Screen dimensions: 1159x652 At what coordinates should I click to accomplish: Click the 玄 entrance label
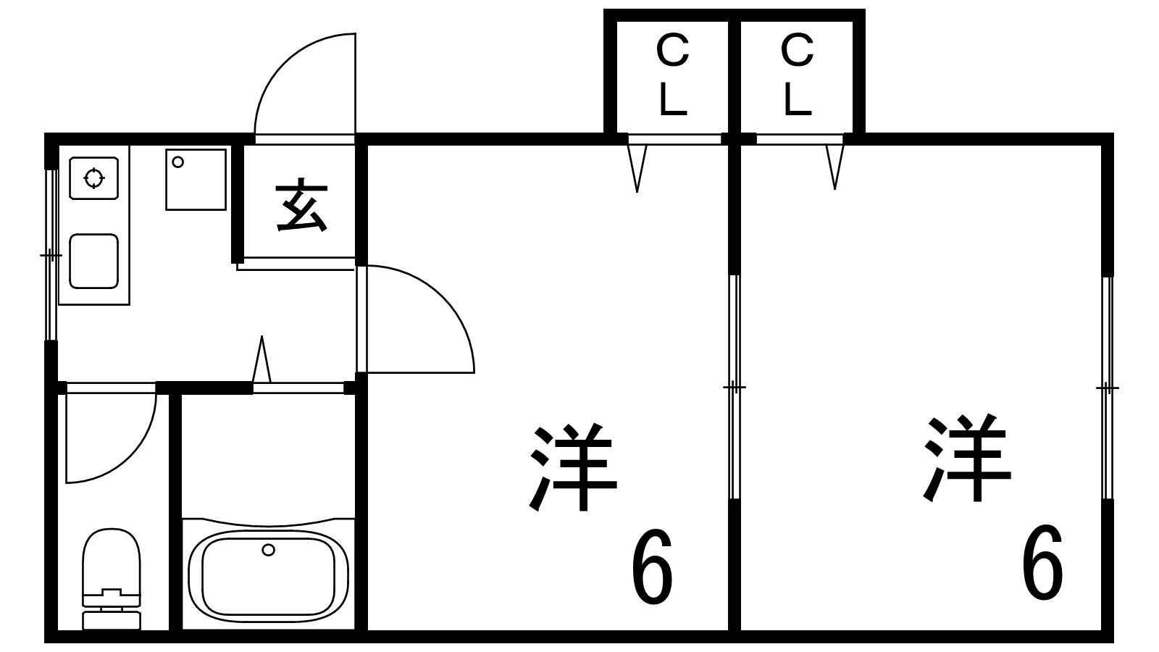click(x=302, y=206)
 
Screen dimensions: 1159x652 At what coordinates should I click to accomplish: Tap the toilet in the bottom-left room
click(x=112, y=579)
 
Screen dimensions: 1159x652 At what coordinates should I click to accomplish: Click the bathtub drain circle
click(x=268, y=550)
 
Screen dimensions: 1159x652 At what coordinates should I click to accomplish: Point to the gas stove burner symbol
click(x=93, y=178)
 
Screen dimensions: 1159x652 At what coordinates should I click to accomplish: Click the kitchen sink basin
click(x=93, y=261)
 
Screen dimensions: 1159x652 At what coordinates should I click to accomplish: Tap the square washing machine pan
click(x=196, y=180)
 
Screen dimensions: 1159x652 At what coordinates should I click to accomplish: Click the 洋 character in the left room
click(x=573, y=467)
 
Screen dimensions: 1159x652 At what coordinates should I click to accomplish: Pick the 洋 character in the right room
click(x=967, y=457)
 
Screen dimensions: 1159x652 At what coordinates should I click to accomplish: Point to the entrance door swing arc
click(x=284, y=62)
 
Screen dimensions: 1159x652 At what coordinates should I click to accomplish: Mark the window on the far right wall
click(x=1108, y=388)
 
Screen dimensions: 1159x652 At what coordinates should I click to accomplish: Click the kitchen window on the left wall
click(x=51, y=254)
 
